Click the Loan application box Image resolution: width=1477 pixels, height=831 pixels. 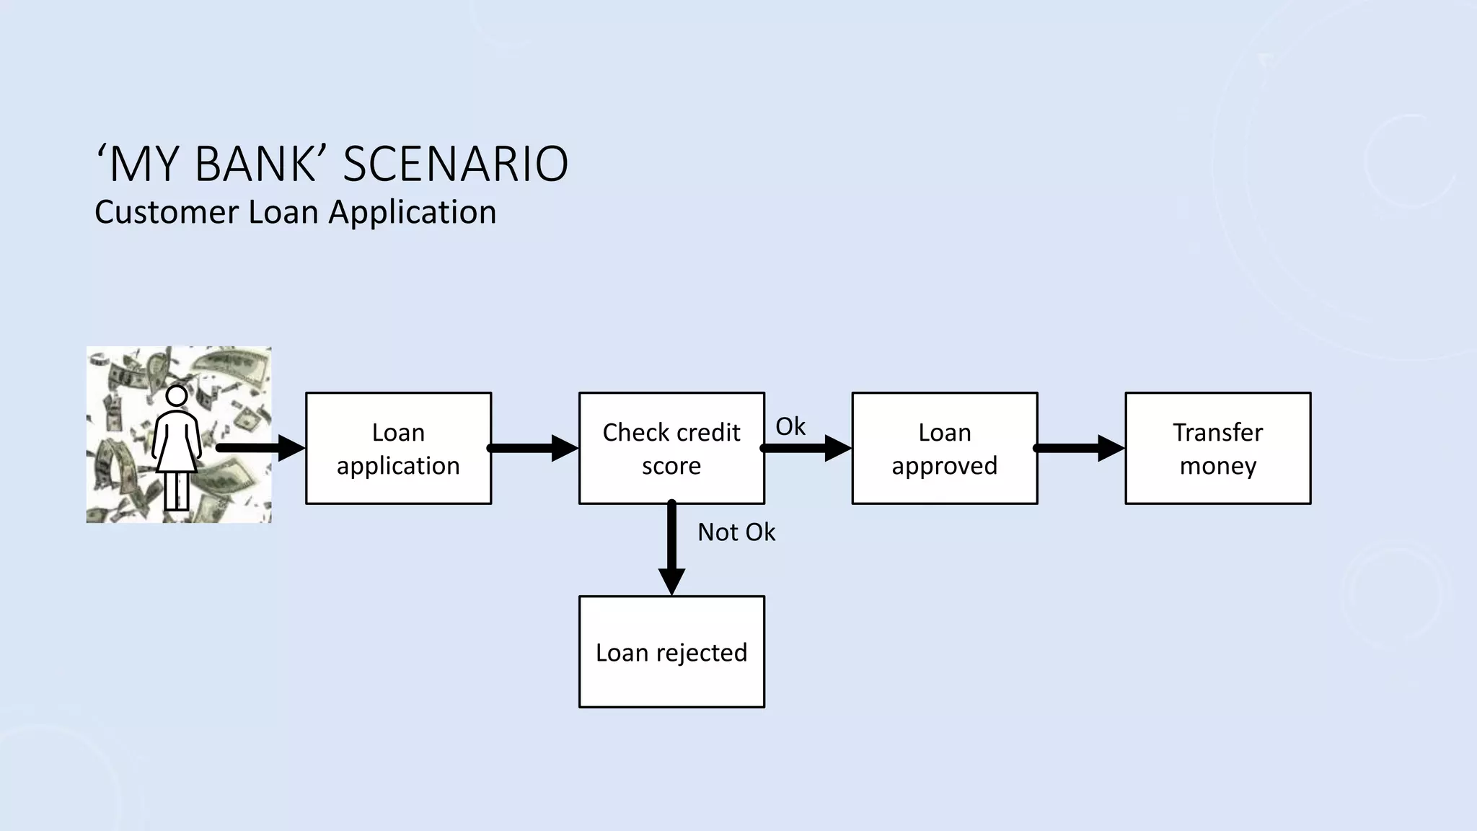point(398,448)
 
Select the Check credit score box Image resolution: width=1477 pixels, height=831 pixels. point(671,448)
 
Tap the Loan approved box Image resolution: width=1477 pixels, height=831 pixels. point(945,448)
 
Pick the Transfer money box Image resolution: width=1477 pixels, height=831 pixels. point(1218,448)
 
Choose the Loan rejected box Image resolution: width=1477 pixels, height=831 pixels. point(671,651)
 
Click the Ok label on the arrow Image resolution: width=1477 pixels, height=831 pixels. point(790,426)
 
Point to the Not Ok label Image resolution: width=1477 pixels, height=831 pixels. point(736,532)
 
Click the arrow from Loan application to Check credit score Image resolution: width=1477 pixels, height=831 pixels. point(534,448)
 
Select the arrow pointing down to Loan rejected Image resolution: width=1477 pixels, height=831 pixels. point(671,548)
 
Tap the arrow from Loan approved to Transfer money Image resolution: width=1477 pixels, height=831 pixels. point(1080,448)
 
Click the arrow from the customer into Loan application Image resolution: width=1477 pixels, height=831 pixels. point(260,448)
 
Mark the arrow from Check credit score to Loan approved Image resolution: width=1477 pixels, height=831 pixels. point(807,448)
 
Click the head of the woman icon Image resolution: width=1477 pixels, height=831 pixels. point(177,396)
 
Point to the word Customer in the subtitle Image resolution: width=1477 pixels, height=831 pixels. point(167,212)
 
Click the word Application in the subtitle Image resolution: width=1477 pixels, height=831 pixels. point(412,212)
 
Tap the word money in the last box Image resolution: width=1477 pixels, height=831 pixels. point(1218,465)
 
